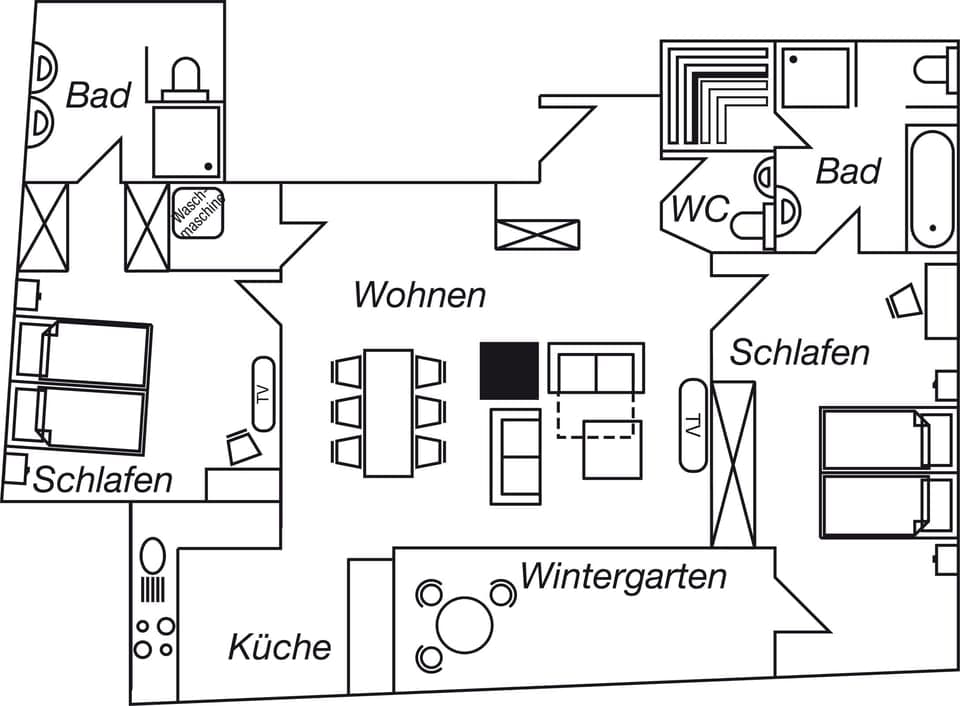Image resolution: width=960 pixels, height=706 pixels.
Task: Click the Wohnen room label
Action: point(420,295)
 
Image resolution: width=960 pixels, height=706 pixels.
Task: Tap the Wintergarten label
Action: point(622,577)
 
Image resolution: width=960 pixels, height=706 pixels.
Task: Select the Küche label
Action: point(279,647)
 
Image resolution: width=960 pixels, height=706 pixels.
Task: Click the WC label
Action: point(700,210)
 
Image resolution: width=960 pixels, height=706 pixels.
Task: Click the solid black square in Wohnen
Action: point(509,370)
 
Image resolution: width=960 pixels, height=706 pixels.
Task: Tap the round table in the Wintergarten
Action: point(465,625)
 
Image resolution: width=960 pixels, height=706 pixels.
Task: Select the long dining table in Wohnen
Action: point(388,412)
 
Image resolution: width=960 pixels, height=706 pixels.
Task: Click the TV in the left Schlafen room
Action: point(263,393)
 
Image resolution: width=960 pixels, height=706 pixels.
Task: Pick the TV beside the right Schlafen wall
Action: point(692,424)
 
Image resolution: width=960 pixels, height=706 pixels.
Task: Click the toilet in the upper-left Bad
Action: point(187,80)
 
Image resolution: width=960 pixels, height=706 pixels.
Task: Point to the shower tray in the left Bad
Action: point(186,141)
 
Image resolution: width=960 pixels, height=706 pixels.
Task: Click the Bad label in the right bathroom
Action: point(848,171)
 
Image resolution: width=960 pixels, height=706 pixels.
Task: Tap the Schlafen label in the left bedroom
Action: point(103,480)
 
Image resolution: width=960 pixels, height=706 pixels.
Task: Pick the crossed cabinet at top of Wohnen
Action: point(537,234)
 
